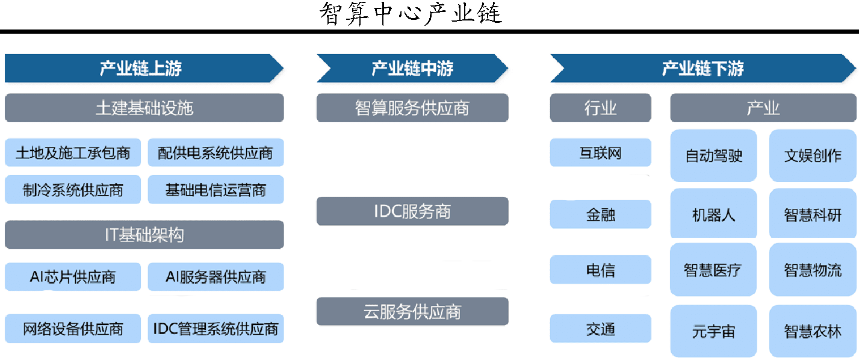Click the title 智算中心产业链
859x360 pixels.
click(411, 14)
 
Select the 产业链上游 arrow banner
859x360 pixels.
click(144, 68)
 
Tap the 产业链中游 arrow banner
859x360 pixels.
click(412, 68)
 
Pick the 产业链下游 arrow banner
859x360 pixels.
click(703, 68)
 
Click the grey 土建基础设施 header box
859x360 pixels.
click(144, 108)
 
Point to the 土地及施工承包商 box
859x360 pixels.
click(72, 152)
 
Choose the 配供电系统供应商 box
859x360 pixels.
click(216, 152)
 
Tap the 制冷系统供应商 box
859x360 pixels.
click(72, 190)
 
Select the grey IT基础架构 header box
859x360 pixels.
click(144, 235)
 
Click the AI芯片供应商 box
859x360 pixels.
click(72, 276)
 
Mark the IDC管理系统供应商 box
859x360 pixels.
click(216, 329)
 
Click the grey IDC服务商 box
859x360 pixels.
click(412, 211)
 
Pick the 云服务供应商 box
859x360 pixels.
click(412, 311)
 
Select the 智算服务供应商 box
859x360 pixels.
click(412, 108)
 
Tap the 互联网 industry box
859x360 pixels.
click(600, 152)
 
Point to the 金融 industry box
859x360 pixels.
click(600, 214)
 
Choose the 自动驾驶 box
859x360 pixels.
click(713, 155)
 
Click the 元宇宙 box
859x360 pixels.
click(713, 331)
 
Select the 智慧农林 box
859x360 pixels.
click(813, 331)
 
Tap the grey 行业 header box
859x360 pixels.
click(600, 108)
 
